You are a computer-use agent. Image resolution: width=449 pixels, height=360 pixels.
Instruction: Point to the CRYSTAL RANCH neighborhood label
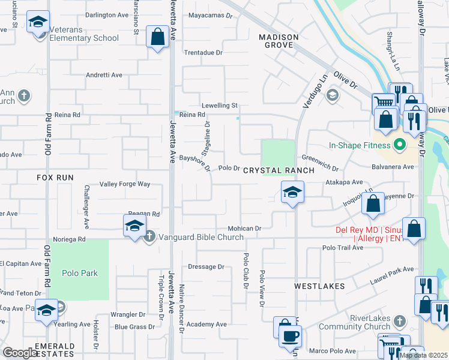279,171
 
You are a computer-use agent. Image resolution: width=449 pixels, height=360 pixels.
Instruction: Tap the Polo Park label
79,273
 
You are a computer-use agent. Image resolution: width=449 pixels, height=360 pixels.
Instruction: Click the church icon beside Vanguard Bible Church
149,236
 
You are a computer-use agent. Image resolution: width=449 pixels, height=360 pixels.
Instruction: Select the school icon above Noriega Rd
134,227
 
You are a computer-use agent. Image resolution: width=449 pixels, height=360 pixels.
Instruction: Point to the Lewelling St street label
220,106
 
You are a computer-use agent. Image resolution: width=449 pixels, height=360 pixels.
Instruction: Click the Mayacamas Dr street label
210,16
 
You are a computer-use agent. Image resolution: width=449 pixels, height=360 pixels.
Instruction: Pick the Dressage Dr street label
206,266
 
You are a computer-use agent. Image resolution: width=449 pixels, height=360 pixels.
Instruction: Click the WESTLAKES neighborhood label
319,287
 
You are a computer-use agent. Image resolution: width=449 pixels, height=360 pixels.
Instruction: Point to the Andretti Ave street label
104,76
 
